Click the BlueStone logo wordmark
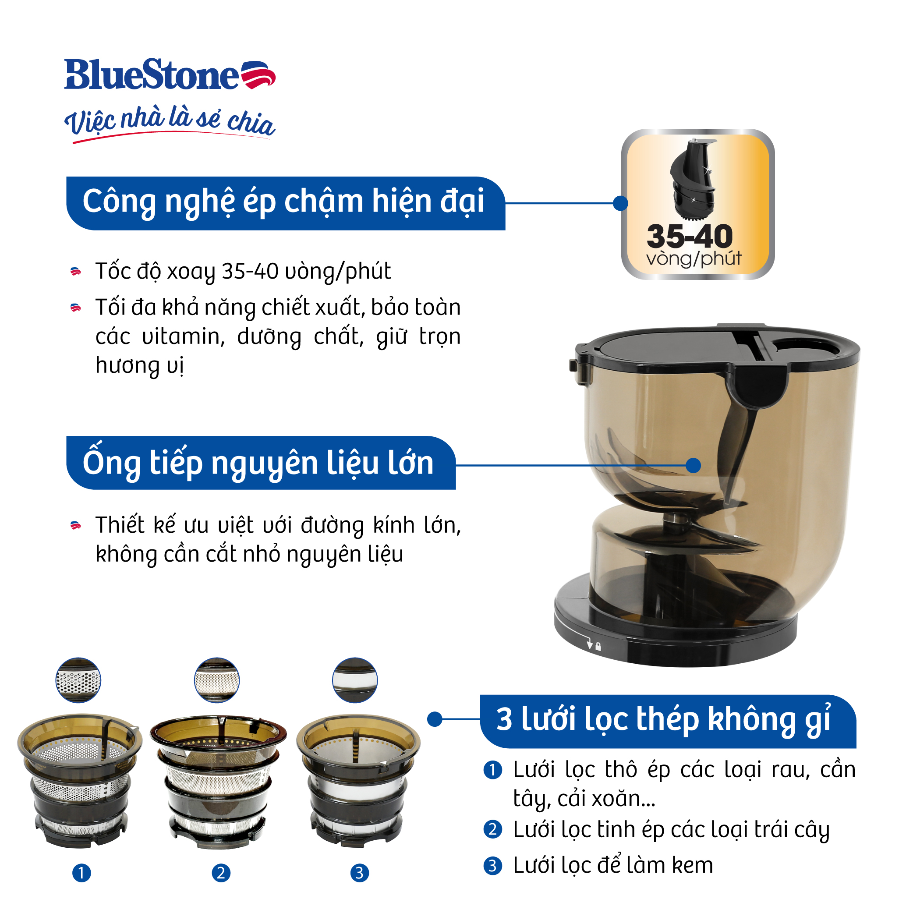point(151,74)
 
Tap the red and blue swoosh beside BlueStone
point(258,74)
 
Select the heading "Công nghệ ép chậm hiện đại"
point(283,202)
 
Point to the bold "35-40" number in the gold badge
point(690,236)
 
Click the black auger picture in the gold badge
point(692,180)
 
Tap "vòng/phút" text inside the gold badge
point(694,259)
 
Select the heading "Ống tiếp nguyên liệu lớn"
point(258,463)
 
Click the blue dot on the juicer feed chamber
point(693,465)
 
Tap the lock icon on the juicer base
point(598,647)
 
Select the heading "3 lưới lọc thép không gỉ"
point(663,719)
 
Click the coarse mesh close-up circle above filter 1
point(78,680)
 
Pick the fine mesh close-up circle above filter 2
point(217,680)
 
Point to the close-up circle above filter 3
point(355,680)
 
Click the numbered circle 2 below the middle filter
point(221,873)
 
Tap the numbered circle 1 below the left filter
point(81,873)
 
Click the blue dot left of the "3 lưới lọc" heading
point(435,719)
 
